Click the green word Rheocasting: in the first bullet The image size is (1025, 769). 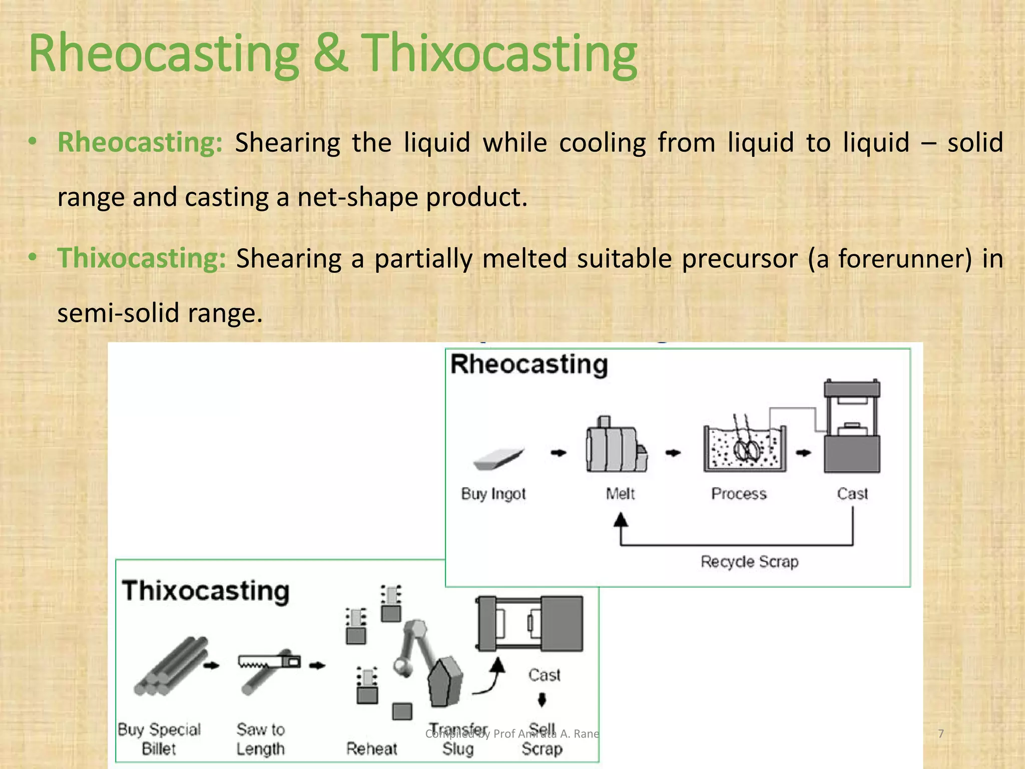(140, 142)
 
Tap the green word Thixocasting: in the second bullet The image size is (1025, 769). (142, 258)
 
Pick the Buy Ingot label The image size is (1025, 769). (493, 494)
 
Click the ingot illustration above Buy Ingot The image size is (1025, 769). (498, 458)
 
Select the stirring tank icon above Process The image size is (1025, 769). (744, 446)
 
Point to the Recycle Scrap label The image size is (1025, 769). (749, 562)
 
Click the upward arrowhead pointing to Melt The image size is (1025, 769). (621, 520)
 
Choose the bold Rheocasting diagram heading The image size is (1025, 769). (529, 364)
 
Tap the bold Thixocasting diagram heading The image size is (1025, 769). (206, 591)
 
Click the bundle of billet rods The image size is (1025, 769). (170, 667)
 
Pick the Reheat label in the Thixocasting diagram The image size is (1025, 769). (371, 749)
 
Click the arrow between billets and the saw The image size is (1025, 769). (212, 665)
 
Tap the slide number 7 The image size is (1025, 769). (941, 733)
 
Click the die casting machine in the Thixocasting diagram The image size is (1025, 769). (529, 623)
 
